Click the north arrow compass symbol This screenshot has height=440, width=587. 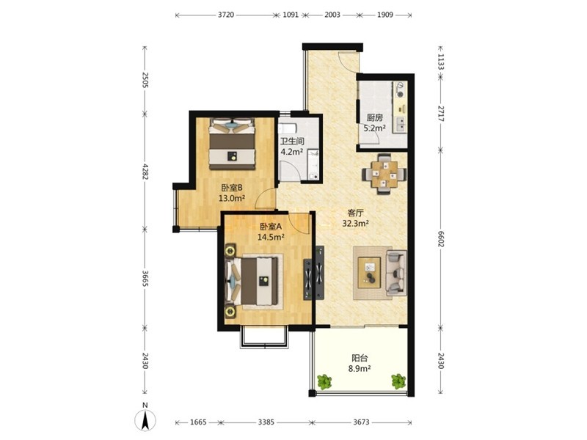tap(145, 419)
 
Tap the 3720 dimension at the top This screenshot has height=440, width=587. tap(226, 15)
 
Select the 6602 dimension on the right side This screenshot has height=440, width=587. tap(441, 238)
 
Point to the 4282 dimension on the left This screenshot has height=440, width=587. tap(145, 171)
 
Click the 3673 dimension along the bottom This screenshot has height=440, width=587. tap(361, 422)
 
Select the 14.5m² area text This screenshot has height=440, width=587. tap(271, 236)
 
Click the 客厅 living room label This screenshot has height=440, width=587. tap(356, 213)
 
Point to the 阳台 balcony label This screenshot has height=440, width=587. tap(360, 358)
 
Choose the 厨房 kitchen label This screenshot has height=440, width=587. tap(374, 118)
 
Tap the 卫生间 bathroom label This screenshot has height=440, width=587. tap(292, 142)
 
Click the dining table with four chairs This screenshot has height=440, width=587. tap(384, 174)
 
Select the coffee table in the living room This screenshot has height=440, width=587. tap(369, 273)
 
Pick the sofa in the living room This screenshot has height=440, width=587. tap(397, 273)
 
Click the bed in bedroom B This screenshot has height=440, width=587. tap(232, 143)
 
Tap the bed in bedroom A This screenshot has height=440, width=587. tap(252, 282)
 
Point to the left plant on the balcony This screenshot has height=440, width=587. tap(324, 381)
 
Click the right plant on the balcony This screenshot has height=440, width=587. tap(398, 381)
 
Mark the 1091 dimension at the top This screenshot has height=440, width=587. tap(291, 15)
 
